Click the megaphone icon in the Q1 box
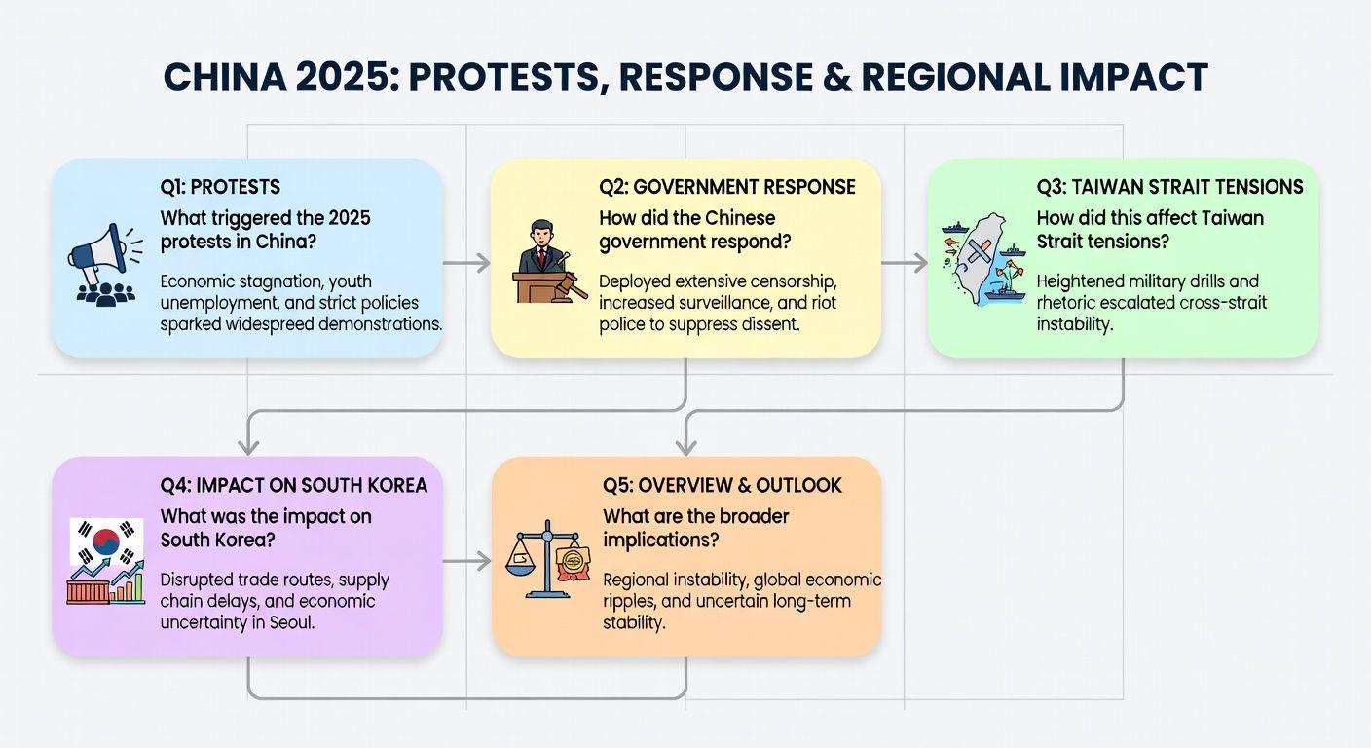click(x=104, y=252)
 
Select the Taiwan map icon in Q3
click(x=983, y=258)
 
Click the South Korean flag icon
click(x=106, y=542)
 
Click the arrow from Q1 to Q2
click(x=466, y=263)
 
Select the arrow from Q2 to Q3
click(x=904, y=263)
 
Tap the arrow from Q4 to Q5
click(x=466, y=561)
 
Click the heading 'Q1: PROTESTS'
click(x=220, y=187)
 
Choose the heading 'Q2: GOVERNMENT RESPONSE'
click(x=727, y=187)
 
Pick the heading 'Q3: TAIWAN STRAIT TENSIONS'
click(x=1169, y=187)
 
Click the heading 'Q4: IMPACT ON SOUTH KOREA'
click(x=294, y=485)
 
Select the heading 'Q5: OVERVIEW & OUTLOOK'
click(x=723, y=485)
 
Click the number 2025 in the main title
click(x=348, y=77)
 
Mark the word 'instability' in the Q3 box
click(x=1074, y=324)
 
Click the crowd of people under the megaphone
click(x=105, y=294)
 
